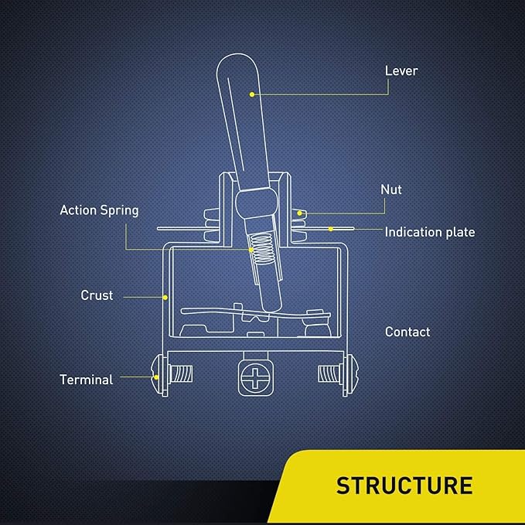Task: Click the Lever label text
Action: (401, 71)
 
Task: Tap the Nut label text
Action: (391, 189)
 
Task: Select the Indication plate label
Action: (430, 232)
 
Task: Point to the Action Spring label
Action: (99, 210)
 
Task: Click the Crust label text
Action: (97, 295)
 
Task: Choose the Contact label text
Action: (407, 332)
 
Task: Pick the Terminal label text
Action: (86, 380)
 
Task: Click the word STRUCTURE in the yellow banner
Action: (404, 486)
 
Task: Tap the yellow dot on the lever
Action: (251, 94)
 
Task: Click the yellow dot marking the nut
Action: (299, 212)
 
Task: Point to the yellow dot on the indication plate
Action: (331, 228)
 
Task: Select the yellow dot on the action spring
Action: (251, 249)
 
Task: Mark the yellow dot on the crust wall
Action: (166, 296)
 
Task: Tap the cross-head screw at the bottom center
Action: (252, 378)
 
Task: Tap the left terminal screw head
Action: (158, 376)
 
